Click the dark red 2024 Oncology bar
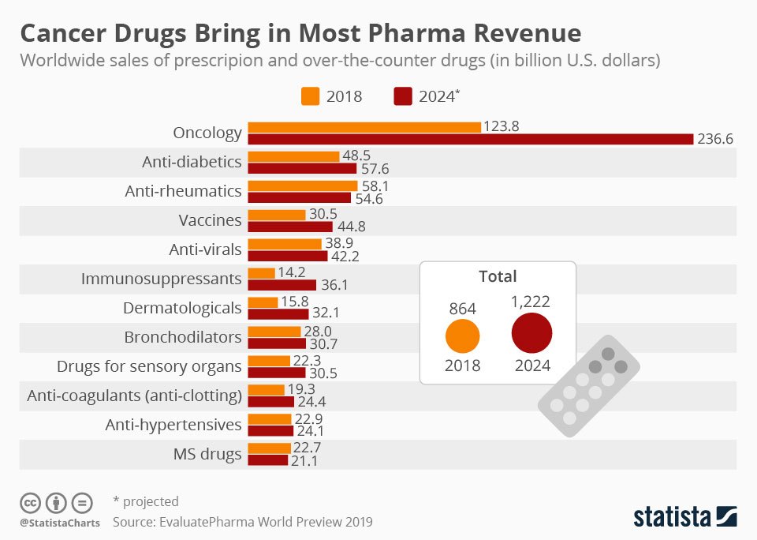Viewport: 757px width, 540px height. pos(471,139)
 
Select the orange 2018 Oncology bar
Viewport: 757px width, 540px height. pos(364,127)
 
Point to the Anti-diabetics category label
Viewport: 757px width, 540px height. pos(192,162)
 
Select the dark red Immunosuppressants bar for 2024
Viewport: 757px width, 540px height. pos(282,285)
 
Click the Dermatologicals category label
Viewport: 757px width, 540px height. pos(182,308)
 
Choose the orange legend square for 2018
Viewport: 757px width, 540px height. pos(310,96)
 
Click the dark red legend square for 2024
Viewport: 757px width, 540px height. pos(402,96)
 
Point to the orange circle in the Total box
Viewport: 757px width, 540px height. pos(463,336)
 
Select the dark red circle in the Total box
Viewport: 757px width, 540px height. pos(531,334)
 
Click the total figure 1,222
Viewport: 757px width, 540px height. pos(531,301)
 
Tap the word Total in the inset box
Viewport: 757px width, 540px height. pos(498,276)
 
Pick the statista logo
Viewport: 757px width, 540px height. pos(684,517)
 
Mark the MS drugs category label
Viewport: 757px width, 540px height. pos(207,454)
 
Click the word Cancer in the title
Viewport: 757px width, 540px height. pos(66,34)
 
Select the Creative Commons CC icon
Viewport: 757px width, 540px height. pos(30,503)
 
